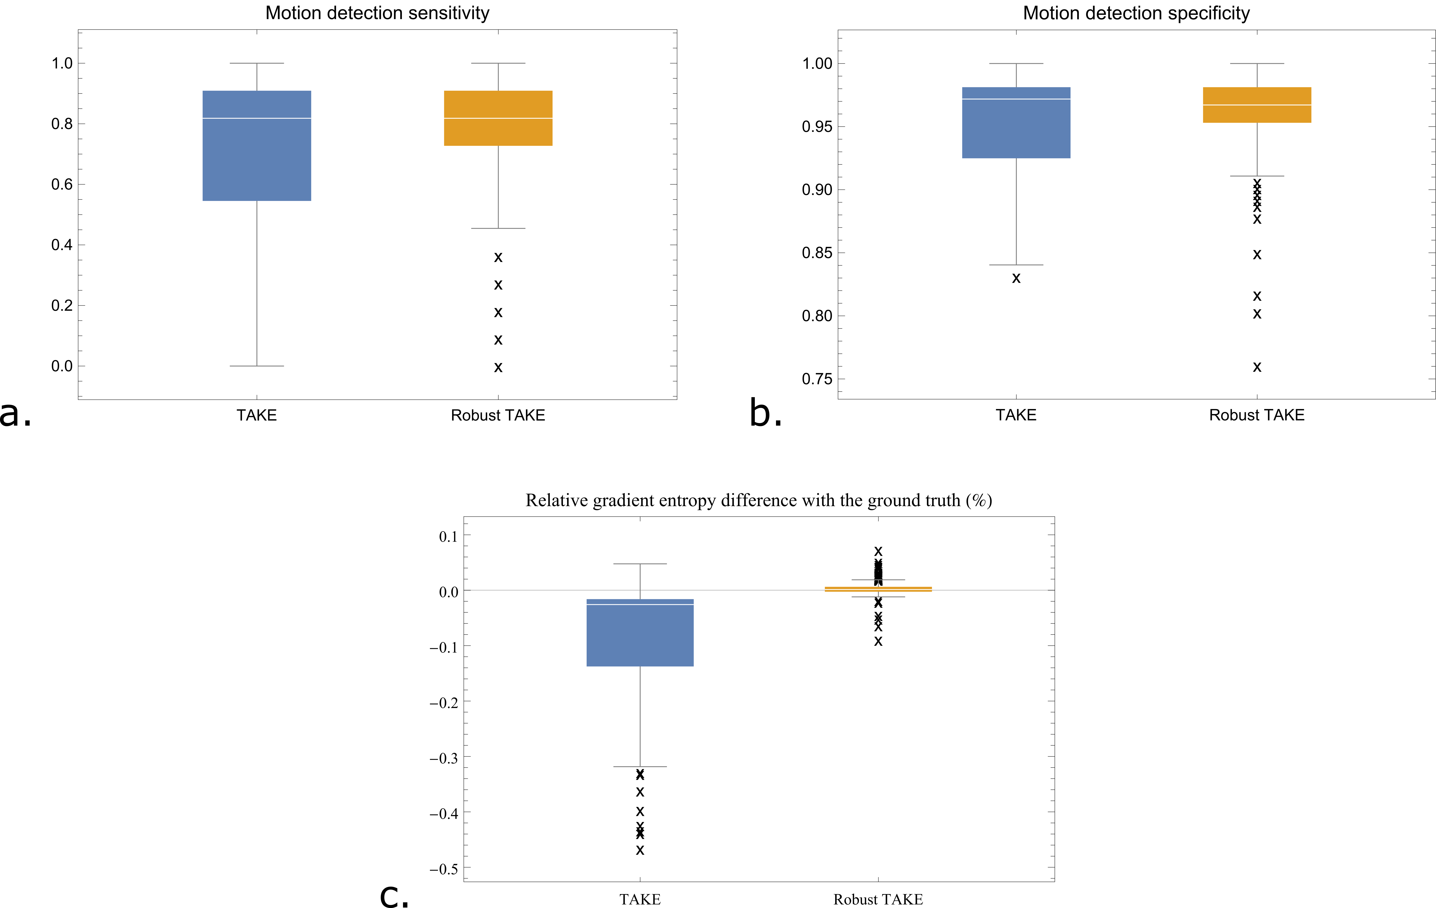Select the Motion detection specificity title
[x=1136, y=13]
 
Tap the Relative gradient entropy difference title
[x=759, y=500]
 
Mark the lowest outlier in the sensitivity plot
[x=498, y=367]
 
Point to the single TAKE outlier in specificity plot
[x=1016, y=278]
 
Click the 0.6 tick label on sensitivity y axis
[x=62, y=184]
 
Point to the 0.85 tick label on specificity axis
[x=817, y=253]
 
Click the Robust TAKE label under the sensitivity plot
[x=498, y=415]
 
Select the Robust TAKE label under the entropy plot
[x=878, y=899]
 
